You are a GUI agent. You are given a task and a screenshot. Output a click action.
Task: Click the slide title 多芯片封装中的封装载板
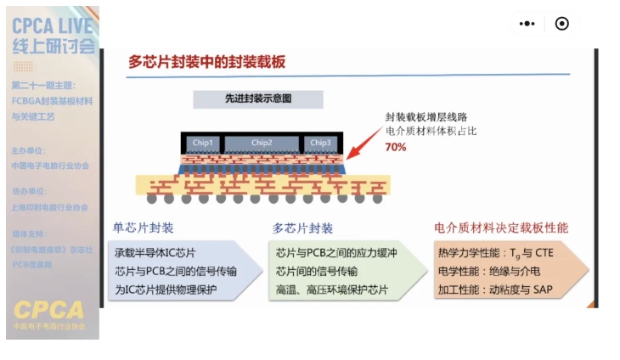coord(206,62)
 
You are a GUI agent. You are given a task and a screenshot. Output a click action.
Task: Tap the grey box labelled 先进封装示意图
coord(258,98)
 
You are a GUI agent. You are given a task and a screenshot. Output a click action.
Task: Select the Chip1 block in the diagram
coord(203,142)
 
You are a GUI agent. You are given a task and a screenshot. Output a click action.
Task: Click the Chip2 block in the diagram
coord(262,142)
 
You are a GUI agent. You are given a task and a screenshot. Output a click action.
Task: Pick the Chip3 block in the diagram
coord(320,142)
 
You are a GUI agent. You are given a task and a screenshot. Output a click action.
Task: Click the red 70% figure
coord(396,147)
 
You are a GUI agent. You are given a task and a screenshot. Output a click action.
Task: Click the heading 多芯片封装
coord(302,228)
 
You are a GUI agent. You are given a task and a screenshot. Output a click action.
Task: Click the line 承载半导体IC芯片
coord(155,253)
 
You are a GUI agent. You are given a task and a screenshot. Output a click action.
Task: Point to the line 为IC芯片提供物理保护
coord(166,290)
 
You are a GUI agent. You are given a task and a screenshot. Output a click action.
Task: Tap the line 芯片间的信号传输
coord(317,272)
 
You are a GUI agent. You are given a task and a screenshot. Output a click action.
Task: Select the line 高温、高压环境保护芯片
coord(332,290)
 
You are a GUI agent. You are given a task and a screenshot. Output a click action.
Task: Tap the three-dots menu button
coord(527,24)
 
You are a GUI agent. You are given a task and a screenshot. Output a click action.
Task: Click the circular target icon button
coord(561,24)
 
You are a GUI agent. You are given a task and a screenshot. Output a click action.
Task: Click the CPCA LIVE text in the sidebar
coord(52,25)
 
